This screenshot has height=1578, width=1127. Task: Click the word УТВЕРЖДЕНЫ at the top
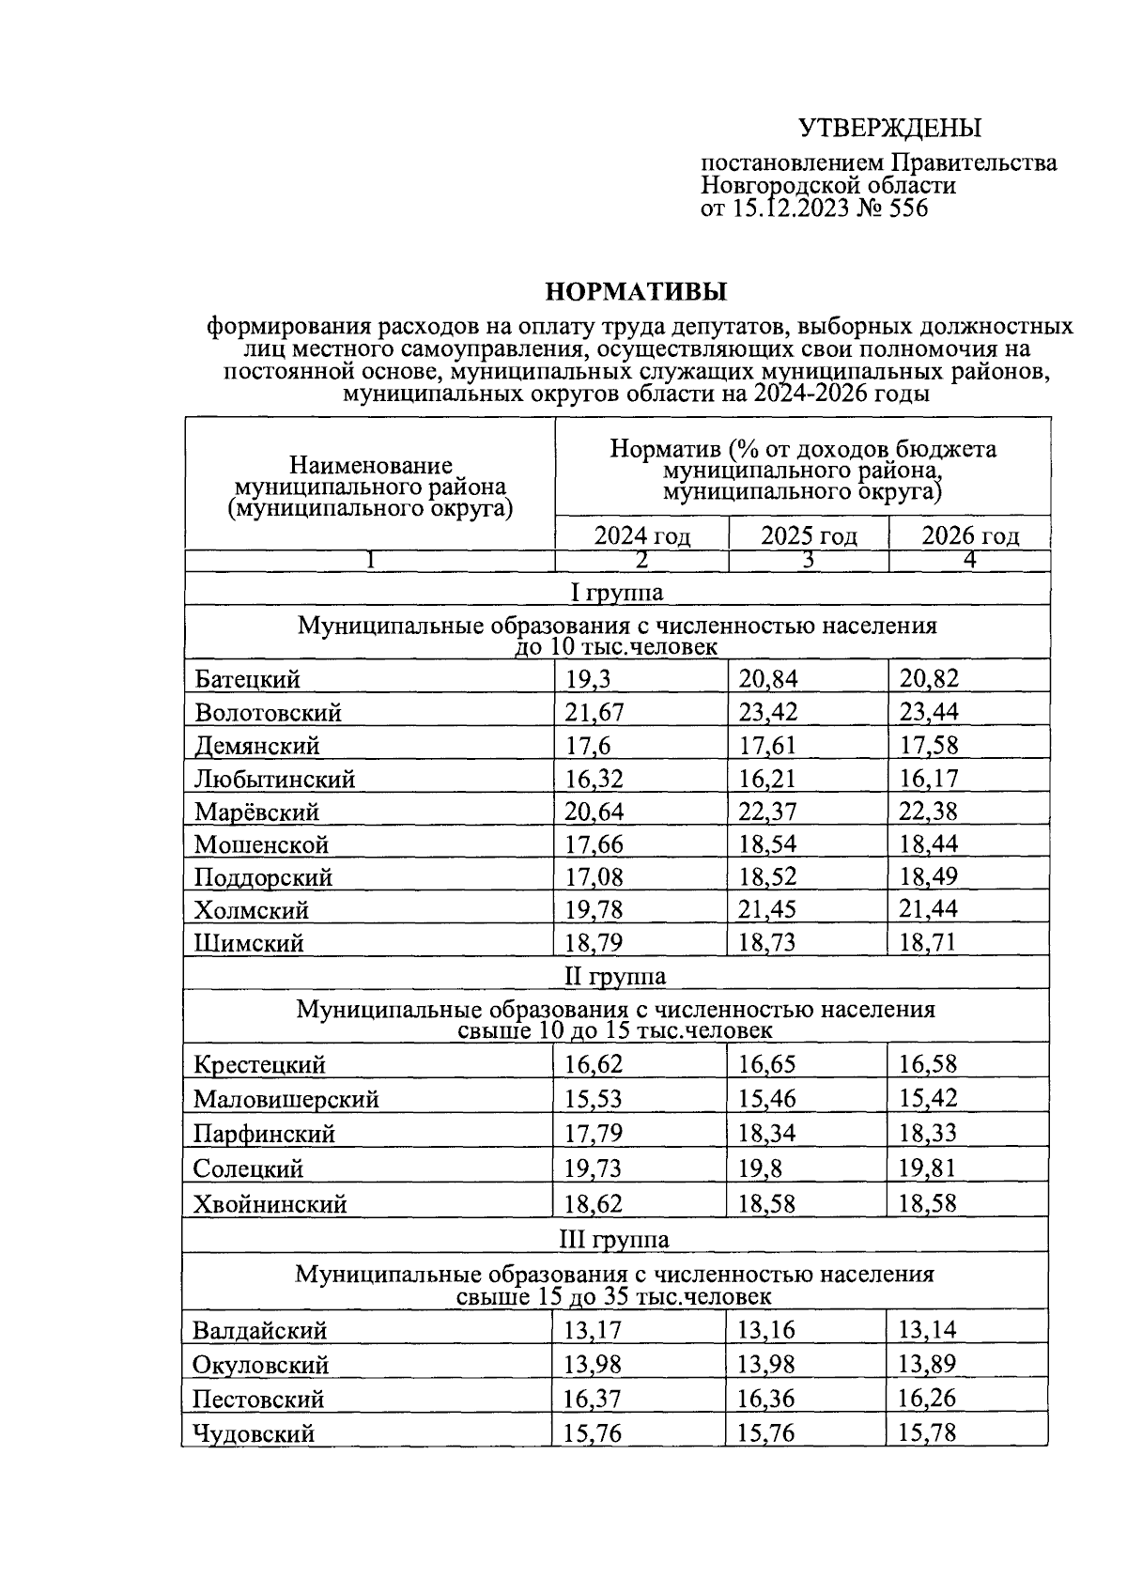point(888,128)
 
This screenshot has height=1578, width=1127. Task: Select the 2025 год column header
point(809,536)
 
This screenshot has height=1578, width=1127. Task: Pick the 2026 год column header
point(969,536)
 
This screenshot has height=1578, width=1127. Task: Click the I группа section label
point(617,593)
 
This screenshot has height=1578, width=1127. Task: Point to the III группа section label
point(614,1239)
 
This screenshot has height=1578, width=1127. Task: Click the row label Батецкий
point(248,679)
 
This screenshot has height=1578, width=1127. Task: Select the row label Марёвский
point(256,812)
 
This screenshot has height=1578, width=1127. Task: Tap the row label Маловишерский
point(286,1099)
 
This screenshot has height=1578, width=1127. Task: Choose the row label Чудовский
point(254,1433)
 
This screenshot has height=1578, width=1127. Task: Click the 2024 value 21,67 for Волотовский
point(594,712)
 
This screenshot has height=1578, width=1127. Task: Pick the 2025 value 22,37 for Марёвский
point(767,812)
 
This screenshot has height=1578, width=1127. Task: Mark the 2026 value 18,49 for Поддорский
point(928,877)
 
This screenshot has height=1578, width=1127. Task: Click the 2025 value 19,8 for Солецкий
point(760,1168)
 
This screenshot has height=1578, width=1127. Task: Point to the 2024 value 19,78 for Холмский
point(594,910)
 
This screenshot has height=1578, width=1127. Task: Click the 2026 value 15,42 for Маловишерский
point(928,1099)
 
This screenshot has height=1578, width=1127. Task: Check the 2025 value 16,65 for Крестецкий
point(767,1064)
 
